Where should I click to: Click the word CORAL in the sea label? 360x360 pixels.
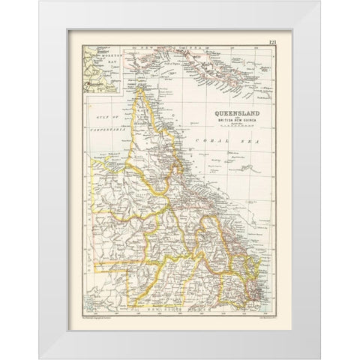point(207,141)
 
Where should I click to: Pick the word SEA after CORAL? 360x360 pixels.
point(241,141)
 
